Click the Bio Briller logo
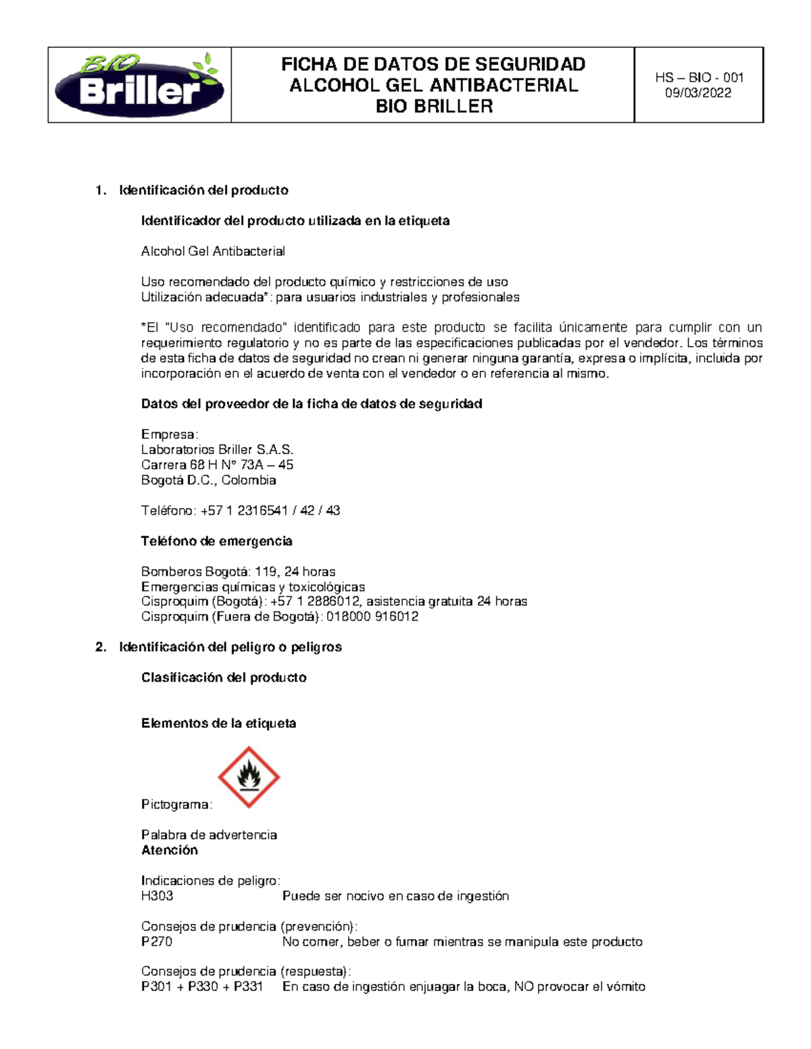pos(139,85)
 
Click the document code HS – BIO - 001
pos(699,78)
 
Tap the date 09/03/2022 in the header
pos(698,93)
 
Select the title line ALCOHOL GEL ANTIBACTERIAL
pos(433,85)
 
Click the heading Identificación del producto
pos(203,190)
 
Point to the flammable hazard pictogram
pos(249,777)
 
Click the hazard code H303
pos(157,896)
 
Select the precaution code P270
pos(156,942)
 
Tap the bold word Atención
pos(170,850)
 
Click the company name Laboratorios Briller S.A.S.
pos(217,450)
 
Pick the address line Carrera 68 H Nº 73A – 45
pos(217,465)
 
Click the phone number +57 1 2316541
pos(245,511)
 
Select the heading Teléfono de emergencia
pos(216,541)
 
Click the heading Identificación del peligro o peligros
pos(230,647)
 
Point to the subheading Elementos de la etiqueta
pos(218,723)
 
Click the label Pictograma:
pos(176,804)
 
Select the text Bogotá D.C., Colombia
pos(208,480)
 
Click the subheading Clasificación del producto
pos(224,677)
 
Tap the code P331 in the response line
pos(248,987)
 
